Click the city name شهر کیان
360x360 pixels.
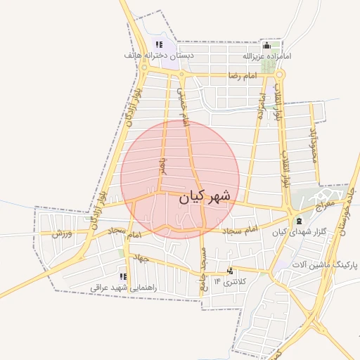(x=205, y=198)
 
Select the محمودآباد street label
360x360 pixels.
(x=314, y=146)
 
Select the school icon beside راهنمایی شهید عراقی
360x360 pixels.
(x=124, y=277)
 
